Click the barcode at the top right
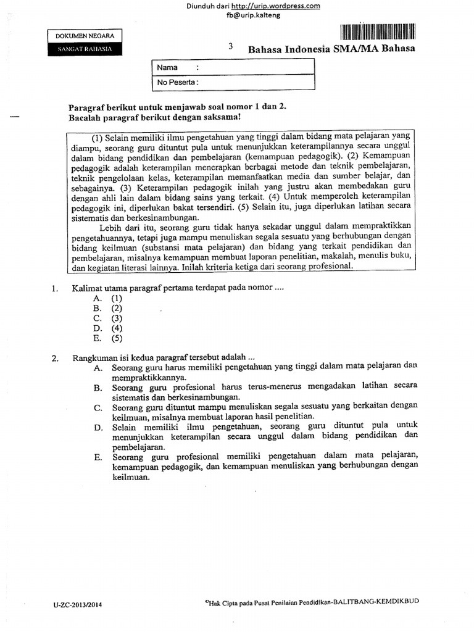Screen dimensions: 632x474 [x=377, y=32]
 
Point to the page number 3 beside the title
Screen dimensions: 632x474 [x=231, y=46]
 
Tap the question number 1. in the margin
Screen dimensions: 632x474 [x=55, y=288]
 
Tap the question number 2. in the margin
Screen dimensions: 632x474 [x=55, y=358]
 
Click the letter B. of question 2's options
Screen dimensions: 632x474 [x=98, y=388]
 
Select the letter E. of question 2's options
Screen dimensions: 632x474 [x=98, y=457]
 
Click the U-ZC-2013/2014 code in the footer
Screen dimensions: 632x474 [x=78, y=605]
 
